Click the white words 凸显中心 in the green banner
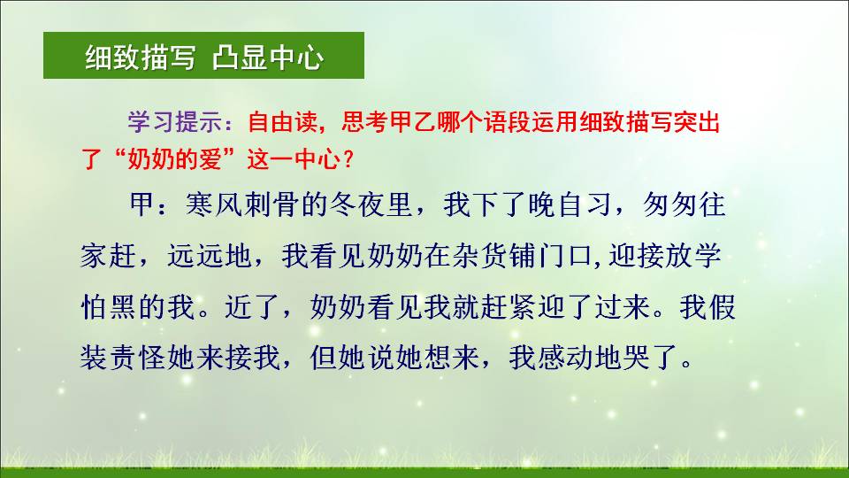tap(267, 58)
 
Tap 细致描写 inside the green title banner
tap(141, 58)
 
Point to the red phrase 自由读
tap(282, 122)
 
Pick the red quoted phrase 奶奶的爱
tap(175, 159)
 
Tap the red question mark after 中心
tap(348, 159)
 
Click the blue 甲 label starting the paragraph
tap(142, 204)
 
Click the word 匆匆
tap(669, 204)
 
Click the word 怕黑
tap(109, 307)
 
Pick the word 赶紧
tap(509, 307)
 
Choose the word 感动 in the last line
tap(565, 357)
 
